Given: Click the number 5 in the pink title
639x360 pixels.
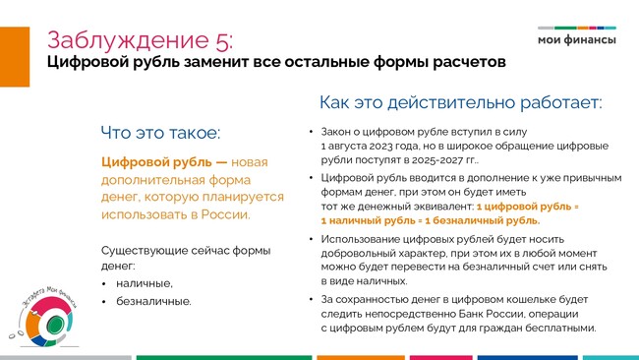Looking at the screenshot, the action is [222, 40].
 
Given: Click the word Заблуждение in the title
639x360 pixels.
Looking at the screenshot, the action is [129, 40].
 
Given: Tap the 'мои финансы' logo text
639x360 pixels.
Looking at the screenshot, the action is [577, 39].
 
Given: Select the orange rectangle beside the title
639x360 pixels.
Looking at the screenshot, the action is [15, 57].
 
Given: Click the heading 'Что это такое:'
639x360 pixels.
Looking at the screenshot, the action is [160, 133].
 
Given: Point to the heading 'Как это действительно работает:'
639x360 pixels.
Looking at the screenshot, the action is [460, 102].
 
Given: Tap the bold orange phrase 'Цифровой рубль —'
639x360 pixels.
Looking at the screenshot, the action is [164, 162].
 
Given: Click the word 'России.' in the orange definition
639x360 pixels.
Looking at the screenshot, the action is [226, 214].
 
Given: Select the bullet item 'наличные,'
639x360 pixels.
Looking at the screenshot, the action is [145, 283].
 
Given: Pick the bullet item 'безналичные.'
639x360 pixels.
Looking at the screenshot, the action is [153, 301].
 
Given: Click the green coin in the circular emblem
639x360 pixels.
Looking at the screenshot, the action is [54, 325].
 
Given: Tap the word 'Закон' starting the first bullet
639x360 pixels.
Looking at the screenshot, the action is [335, 132].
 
